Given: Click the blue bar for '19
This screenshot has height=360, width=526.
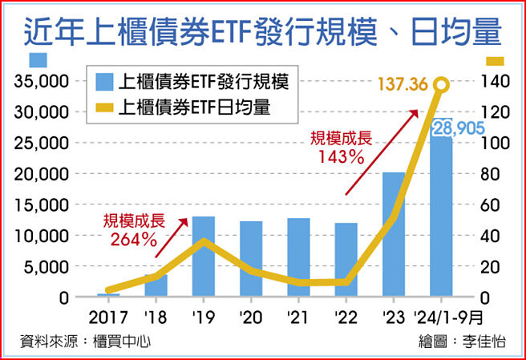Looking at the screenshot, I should (x=204, y=257).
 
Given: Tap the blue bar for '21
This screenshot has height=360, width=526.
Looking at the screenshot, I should (x=298, y=257).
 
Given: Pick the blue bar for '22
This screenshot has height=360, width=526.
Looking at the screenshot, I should (x=346, y=260).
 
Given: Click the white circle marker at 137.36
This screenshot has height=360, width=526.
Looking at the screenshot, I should (x=440, y=85).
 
